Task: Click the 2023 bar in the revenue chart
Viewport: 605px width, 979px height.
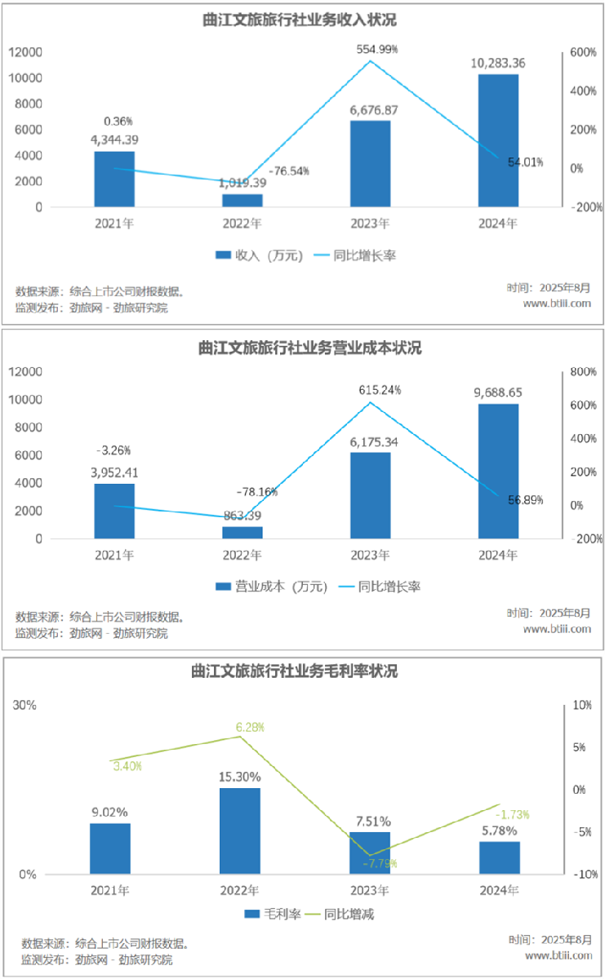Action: pyautogui.click(x=370, y=163)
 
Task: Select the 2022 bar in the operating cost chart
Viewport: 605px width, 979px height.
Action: pyautogui.click(x=242, y=532)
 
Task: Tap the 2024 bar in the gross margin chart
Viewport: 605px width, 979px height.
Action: pyautogui.click(x=499, y=857)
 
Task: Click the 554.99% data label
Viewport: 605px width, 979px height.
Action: pyautogui.click(x=377, y=49)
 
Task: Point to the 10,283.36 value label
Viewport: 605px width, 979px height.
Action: pyautogui.click(x=497, y=63)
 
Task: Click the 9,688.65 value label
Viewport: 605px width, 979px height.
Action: pyautogui.click(x=497, y=392)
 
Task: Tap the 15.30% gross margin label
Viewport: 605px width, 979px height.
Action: pyautogui.click(x=241, y=777)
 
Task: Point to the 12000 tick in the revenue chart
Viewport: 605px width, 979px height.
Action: pyautogui.click(x=26, y=52)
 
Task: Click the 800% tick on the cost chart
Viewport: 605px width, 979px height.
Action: pyautogui.click(x=584, y=372)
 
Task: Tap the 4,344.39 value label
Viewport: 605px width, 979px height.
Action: pyautogui.click(x=115, y=140)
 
